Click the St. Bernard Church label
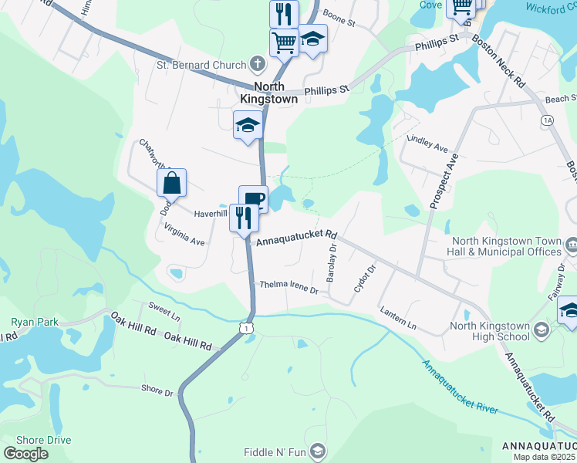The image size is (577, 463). pyautogui.click(x=200, y=65)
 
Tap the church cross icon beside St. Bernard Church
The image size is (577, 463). pyautogui.click(x=257, y=64)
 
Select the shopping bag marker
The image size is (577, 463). pyautogui.click(x=172, y=184)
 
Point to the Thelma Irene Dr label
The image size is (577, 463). pyautogui.click(x=289, y=288)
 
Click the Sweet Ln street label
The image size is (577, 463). pyautogui.click(x=164, y=311)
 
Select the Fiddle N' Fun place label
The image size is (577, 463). pyautogui.click(x=275, y=451)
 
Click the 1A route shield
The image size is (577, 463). pyautogui.click(x=548, y=120)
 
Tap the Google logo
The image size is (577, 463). pyautogui.click(x=25, y=454)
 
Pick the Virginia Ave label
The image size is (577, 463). pyautogui.click(x=184, y=235)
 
